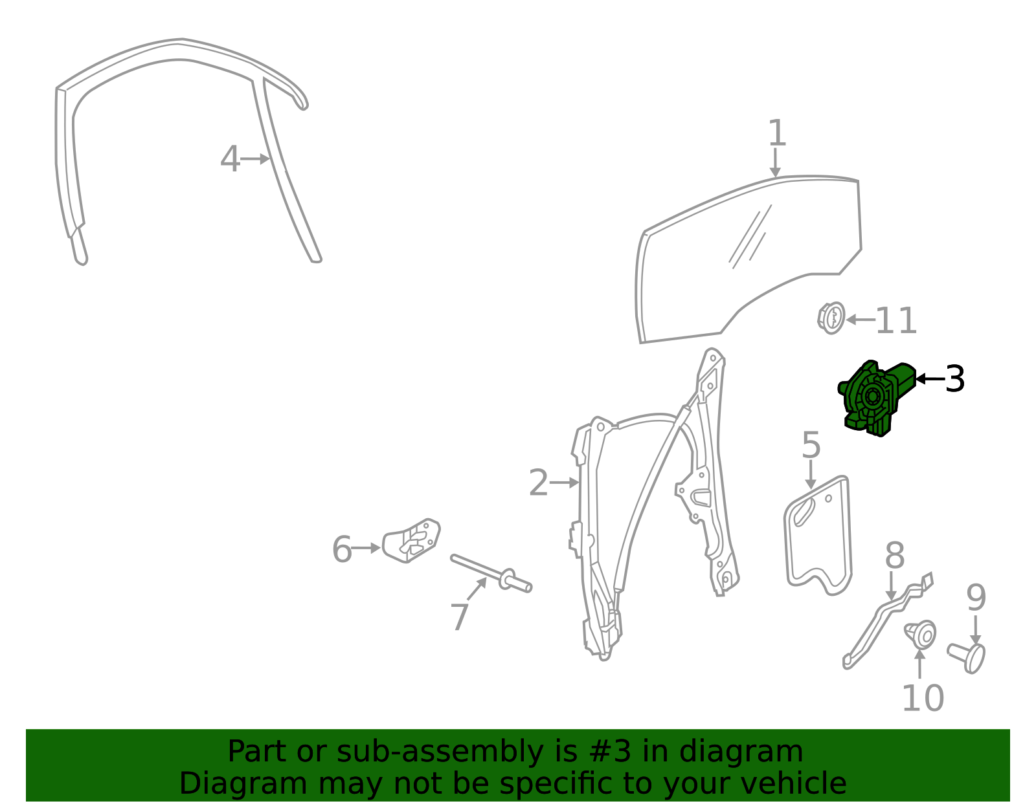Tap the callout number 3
954,379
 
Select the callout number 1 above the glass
776,133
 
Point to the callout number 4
230,158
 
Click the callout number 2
539,483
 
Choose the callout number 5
811,444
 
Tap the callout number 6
342,549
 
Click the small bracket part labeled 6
411,540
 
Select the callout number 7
460,617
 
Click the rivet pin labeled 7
491,574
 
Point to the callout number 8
894,556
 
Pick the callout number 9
976,598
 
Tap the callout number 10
923,699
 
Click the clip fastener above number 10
920,634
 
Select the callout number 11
896,320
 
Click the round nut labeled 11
831,318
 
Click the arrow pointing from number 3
930,379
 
